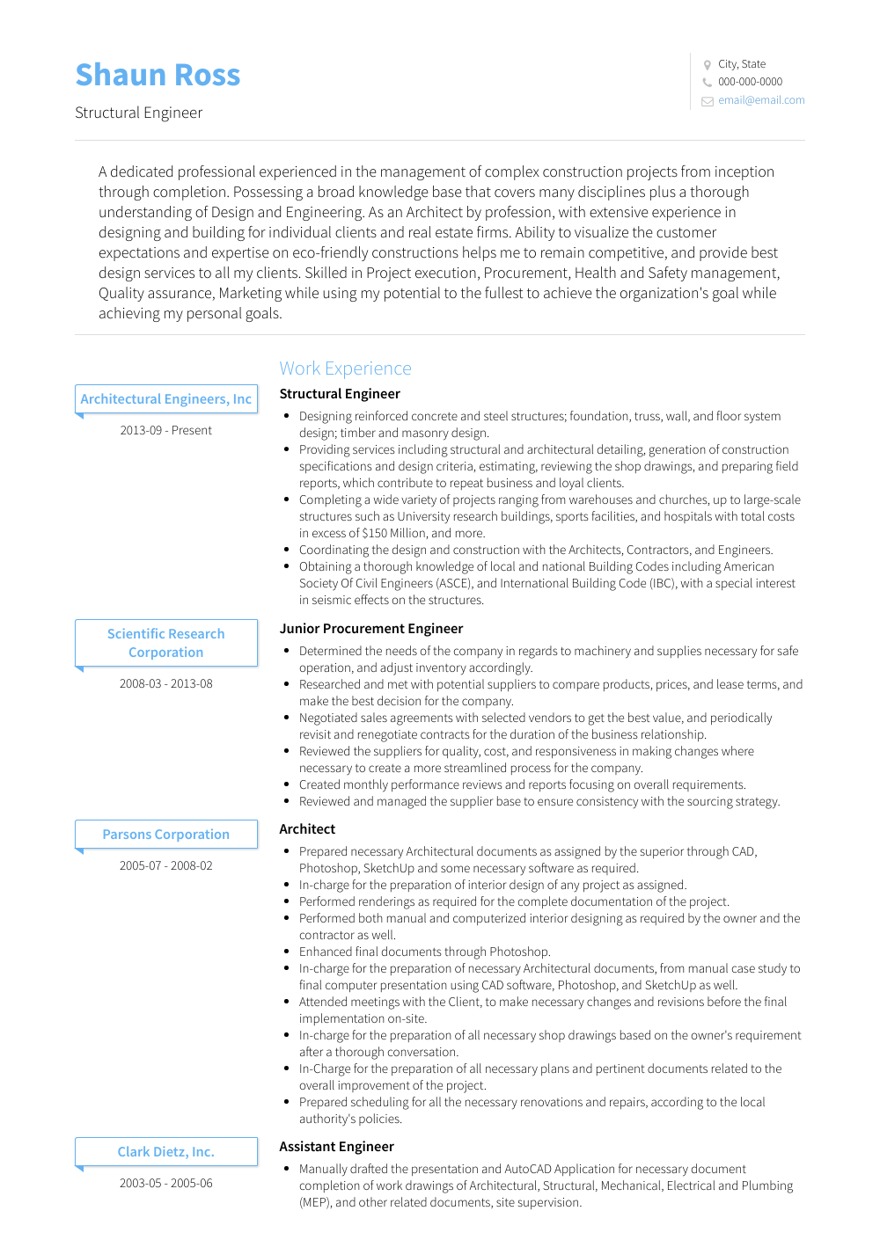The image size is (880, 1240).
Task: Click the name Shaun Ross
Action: (158, 76)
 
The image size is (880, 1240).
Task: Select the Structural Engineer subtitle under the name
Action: (138, 113)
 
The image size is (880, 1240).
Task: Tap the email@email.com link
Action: (760, 100)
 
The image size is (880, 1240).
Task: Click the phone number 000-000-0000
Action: (750, 82)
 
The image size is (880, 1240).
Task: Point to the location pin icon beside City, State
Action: (707, 64)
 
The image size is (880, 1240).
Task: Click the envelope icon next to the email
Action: (707, 101)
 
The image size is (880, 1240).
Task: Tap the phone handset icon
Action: (707, 83)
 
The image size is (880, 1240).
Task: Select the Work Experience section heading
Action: (345, 368)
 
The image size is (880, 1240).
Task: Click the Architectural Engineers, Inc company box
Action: (166, 399)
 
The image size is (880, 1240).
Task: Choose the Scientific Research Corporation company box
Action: (166, 643)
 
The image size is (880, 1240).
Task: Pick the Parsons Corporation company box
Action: (166, 835)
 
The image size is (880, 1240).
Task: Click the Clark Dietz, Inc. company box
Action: (166, 1152)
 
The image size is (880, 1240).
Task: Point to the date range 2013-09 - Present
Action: (166, 431)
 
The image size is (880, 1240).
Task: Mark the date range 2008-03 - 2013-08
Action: (166, 684)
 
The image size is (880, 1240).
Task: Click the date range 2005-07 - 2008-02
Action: (166, 866)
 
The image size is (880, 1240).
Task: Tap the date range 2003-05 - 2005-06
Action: (166, 1184)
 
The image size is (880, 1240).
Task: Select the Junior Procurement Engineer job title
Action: (370, 629)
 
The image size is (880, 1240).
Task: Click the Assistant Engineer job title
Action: (336, 1147)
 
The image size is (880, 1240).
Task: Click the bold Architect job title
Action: (307, 829)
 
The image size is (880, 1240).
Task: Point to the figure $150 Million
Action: (394, 534)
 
